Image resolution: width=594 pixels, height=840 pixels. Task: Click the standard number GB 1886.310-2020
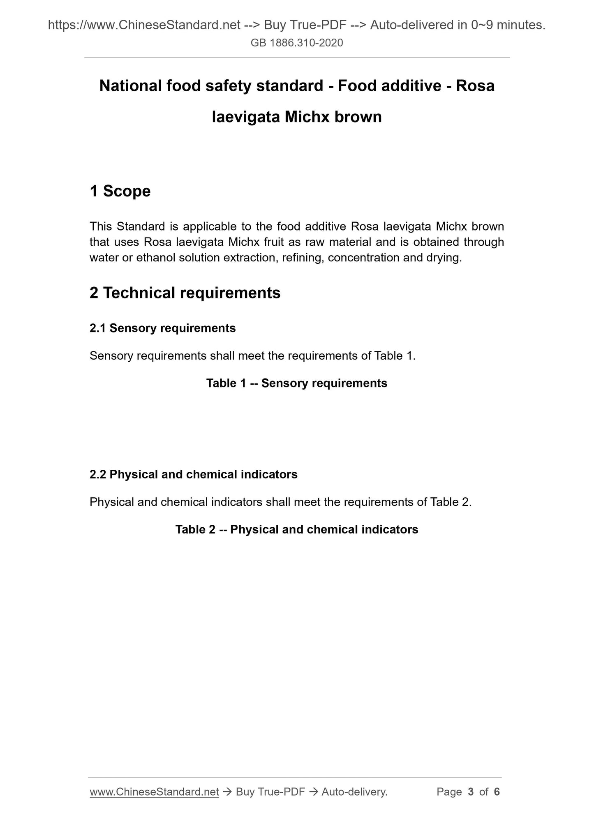tap(297, 43)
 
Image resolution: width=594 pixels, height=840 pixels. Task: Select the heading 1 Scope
tap(120, 191)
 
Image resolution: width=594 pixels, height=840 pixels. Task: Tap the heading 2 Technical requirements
tap(185, 293)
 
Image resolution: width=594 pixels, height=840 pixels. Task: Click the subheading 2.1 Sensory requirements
tap(163, 328)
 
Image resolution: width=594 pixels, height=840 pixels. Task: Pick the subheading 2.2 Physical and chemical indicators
tap(194, 474)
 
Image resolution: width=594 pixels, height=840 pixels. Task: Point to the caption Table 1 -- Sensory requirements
tap(297, 383)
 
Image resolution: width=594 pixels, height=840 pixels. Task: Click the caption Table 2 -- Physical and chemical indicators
tap(297, 529)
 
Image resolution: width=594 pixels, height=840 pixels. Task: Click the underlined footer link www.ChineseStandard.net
tap(154, 792)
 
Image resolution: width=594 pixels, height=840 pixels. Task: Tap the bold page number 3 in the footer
tap(471, 792)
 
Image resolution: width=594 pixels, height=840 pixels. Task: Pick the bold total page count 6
tap(497, 792)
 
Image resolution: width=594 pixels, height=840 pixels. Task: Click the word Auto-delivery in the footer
tap(354, 792)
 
